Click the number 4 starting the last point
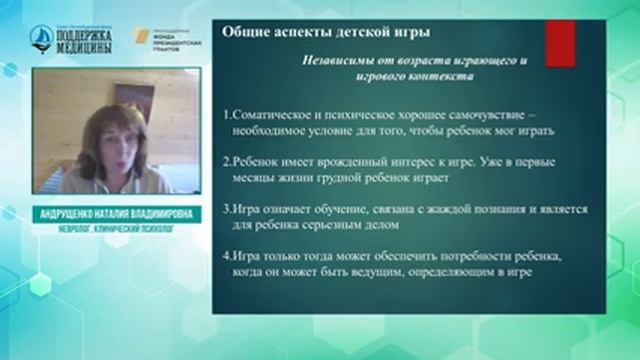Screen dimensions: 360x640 click(x=228, y=256)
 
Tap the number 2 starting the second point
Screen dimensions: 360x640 click(x=228, y=161)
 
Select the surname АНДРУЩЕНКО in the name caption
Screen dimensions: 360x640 click(x=71, y=212)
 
